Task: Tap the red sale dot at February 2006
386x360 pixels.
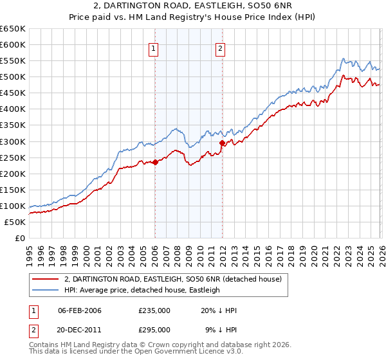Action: point(155,162)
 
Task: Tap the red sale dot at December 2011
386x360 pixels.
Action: point(222,143)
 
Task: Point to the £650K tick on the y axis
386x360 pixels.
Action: point(13,29)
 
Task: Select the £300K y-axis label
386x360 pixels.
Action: point(13,141)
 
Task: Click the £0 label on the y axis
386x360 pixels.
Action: point(19,238)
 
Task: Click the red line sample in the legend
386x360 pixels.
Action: point(45,279)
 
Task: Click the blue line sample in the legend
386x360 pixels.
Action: point(45,290)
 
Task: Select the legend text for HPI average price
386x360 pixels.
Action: point(142,290)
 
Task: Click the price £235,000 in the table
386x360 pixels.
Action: point(154,310)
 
